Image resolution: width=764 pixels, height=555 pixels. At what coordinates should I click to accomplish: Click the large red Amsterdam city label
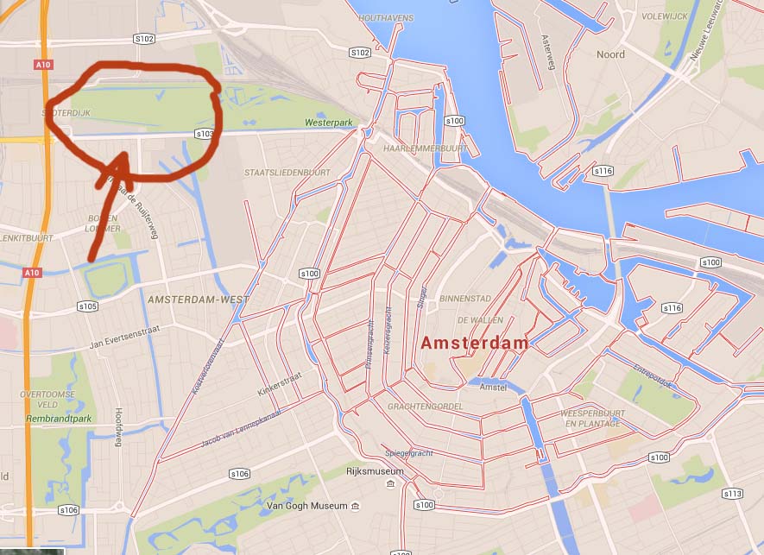coord(474,343)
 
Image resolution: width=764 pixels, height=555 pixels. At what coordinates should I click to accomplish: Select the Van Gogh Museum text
coord(306,505)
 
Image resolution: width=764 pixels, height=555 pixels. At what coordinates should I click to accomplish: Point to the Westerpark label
coord(329,123)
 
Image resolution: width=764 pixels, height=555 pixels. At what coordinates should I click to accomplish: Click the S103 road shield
coord(205,134)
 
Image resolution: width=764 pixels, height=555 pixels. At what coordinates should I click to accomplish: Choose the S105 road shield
coord(88,306)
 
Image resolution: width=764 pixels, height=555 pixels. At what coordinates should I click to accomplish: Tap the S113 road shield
coord(732,494)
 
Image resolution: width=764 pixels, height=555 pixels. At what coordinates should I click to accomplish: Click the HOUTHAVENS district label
coord(385,18)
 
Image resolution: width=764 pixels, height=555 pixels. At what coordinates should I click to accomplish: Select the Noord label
coord(610,54)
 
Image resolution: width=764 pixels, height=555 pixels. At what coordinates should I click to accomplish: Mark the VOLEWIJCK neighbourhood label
coord(666,16)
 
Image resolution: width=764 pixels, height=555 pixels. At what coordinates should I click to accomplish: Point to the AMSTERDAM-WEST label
coord(198,300)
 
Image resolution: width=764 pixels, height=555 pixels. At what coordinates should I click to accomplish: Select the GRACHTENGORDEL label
coord(426,406)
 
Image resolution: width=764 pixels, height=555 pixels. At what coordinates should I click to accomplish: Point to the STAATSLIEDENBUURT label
coord(287,173)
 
